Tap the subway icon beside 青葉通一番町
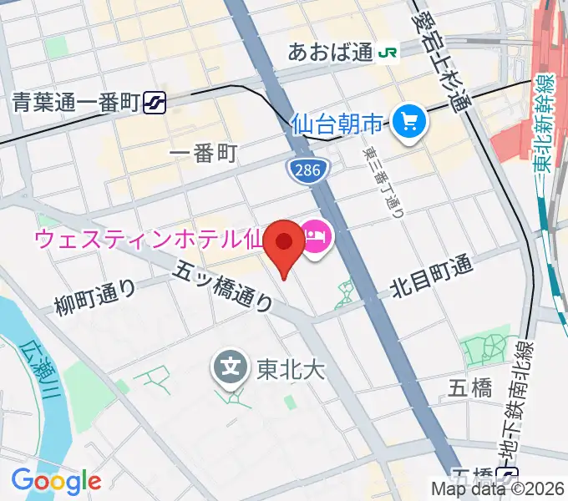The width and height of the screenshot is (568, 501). (155, 102)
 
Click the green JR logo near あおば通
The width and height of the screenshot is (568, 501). (388, 52)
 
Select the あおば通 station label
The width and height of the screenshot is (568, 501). (330, 52)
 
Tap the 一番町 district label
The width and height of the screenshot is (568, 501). (203, 153)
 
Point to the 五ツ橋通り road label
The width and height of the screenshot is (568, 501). (224, 285)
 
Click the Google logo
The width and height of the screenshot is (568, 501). (56, 481)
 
